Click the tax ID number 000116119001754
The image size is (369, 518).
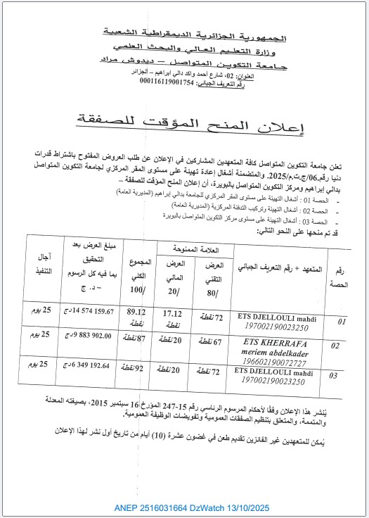(170, 82)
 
